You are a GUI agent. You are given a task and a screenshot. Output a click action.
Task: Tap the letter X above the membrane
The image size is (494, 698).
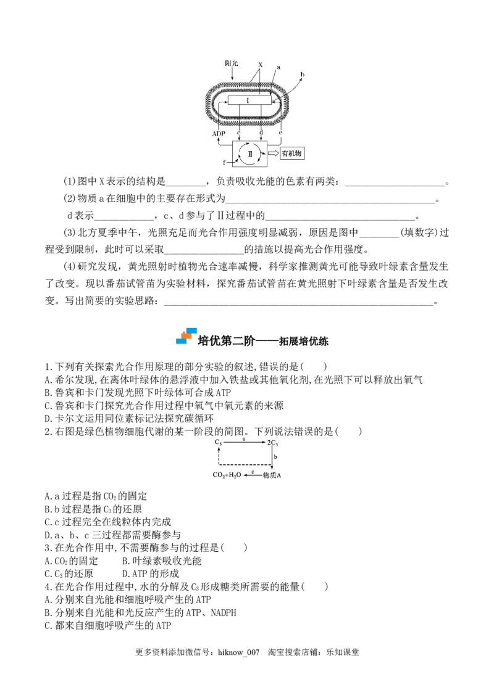[260, 64]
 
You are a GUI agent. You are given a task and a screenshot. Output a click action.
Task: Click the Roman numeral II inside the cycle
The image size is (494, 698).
[250, 153]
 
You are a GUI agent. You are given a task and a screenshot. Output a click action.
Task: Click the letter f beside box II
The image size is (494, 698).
[224, 163]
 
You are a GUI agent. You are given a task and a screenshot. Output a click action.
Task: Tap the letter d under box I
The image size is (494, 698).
[261, 133]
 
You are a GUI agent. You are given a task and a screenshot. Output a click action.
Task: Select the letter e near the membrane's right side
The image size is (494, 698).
[281, 133]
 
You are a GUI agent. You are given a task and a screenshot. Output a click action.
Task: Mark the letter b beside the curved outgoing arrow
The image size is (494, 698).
[302, 75]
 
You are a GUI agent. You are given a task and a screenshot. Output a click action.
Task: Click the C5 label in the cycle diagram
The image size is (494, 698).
[218, 443]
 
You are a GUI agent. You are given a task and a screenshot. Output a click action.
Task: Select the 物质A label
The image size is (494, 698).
[272, 475]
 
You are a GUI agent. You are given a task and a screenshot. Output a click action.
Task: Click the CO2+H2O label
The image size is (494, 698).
[226, 475]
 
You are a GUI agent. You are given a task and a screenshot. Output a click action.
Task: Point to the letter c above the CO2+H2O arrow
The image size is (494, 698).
[252, 471]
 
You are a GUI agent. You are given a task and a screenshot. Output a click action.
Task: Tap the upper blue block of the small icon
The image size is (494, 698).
[191, 330]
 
